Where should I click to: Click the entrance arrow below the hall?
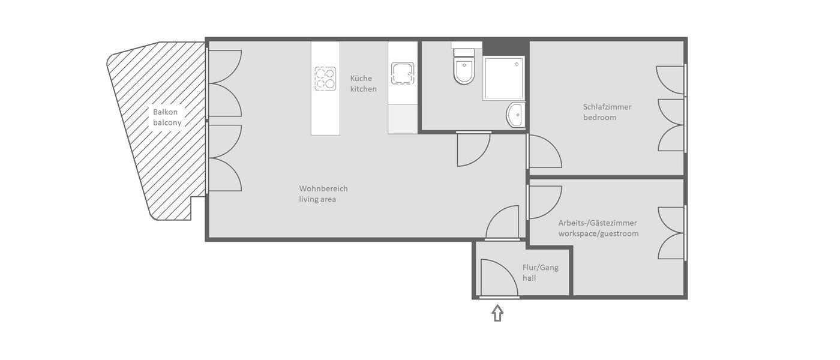(497, 313)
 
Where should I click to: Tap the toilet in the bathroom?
(464, 70)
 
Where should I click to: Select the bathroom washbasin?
(515, 115)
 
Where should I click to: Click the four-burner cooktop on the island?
(325, 78)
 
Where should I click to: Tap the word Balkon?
(165, 112)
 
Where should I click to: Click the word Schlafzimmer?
(607, 107)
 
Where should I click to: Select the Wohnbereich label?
(323, 188)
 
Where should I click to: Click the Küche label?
(361, 79)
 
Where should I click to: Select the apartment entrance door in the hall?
(497, 279)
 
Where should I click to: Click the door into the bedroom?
(543, 152)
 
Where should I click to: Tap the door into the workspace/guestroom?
(543, 202)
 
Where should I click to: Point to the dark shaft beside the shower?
(505, 47)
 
